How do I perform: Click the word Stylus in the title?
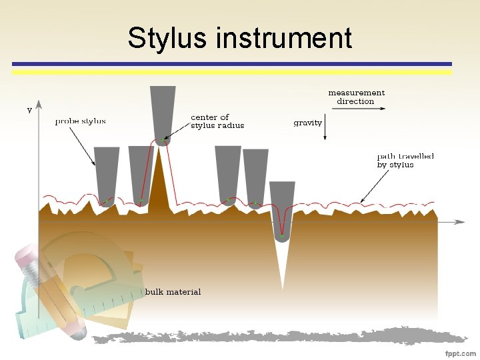pyautogui.click(x=167, y=38)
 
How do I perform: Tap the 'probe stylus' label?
pyautogui.click(x=80, y=121)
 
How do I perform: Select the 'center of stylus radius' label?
pyautogui.click(x=217, y=121)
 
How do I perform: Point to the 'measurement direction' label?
pyautogui.click(x=356, y=97)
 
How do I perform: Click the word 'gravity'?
pyautogui.click(x=307, y=123)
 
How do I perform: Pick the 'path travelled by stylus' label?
pyautogui.click(x=405, y=160)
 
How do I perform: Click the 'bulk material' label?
pyautogui.click(x=173, y=292)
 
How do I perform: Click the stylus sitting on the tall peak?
pyautogui.click(x=163, y=113)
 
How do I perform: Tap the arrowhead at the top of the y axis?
pyautogui.click(x=39, y=105)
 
